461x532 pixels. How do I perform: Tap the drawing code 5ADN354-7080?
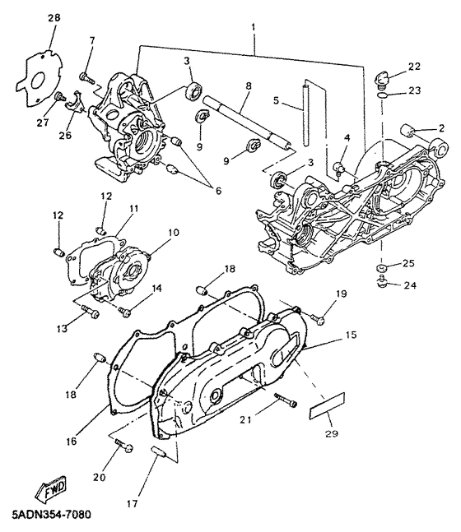click(x=51, y=515)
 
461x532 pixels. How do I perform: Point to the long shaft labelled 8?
click(x=247, y=123)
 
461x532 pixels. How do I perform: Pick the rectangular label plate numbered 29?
click(x=327, y=405)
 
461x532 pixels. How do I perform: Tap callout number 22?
click(x=414, y=67)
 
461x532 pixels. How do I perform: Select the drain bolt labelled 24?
click(x=384, y=281)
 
